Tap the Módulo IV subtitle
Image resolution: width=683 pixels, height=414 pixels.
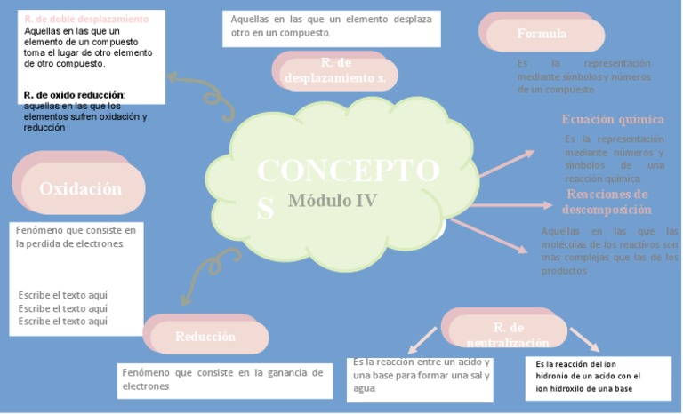point(333,201)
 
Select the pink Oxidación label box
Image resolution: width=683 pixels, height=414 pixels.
point(79,188)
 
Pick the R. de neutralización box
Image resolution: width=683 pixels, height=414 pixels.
point(508,333)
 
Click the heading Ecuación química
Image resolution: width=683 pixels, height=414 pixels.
point(612,119)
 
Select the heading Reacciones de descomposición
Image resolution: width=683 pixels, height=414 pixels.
point(607,202)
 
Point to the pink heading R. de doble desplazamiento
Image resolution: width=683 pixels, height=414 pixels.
point(86,19)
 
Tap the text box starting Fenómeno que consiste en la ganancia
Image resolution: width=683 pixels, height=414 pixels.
point(222,379)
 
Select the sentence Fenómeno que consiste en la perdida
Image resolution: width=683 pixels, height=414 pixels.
point(76,236)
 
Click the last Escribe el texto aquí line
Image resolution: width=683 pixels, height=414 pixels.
point(63,321)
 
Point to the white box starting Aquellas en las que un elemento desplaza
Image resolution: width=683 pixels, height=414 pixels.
point(331,26)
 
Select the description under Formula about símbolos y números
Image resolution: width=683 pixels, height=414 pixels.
point(583,76)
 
